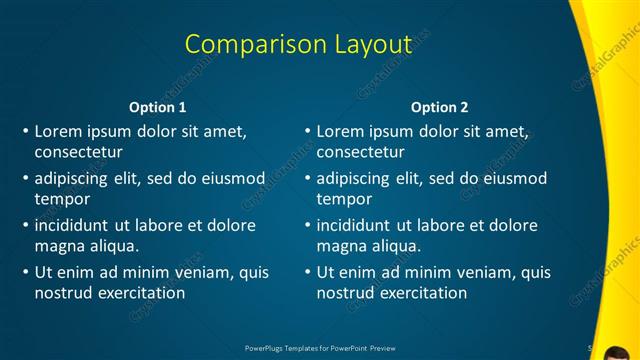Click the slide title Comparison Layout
point(298,44)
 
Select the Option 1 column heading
point(158,107)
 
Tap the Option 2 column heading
point(439,107)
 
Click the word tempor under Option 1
point(62,199)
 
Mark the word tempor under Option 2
point(344,199)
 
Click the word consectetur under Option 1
point(78,152)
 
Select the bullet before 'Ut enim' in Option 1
point(25,272)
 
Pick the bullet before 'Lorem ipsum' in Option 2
point(307,131)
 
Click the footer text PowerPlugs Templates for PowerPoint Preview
point(320,348)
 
